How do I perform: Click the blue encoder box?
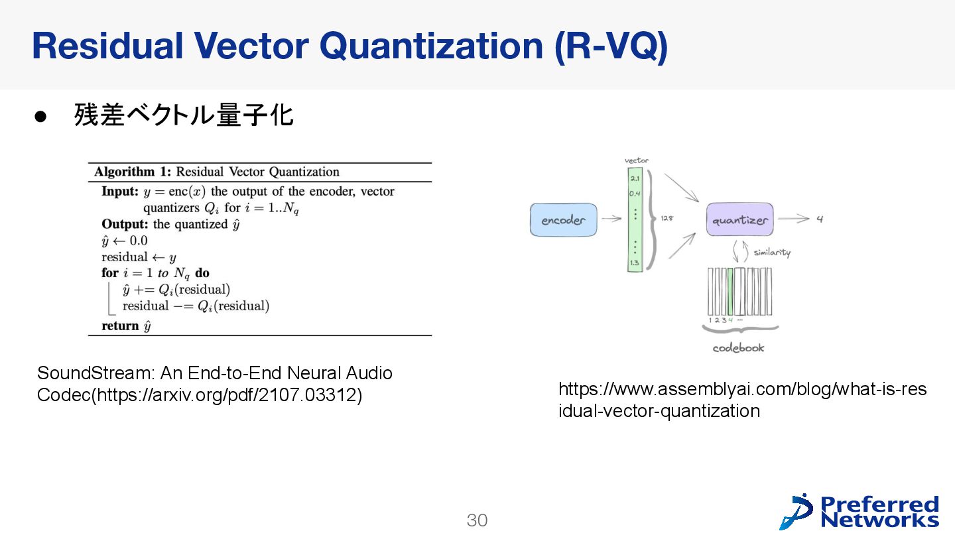pyautogui.click(x=563, y=220)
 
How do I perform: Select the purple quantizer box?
pyautogui.click(x=739, y=219)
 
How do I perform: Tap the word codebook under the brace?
pyautogui.click(x=738, y=348)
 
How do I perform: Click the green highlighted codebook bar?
pyautogui.click(x=730, y=292)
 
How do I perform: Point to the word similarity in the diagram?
pyautogui.click(x=771, y=253)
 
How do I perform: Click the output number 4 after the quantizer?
pyautogui.click(x=820, y=219)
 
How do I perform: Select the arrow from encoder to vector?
pyautogui.click(x=612, y=219)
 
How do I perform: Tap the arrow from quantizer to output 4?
pyautogui.click(x=793, y=219)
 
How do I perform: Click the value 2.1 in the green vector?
pyautogui.click(x=635, y=178)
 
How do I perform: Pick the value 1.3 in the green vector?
pyautogui.click(x=635, y=263)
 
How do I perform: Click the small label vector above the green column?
pyautogui.click(x=637, y=160)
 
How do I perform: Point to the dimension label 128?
pyautogui.click(x=667, y=219)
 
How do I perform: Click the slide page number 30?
pyautogui.click(x=477, y=520)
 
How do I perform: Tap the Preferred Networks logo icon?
pyautogui.click(x=796, y=512)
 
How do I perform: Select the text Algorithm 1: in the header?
pyautogui.click(x=133, y=172)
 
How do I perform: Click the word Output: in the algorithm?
pyautogui.click(x=125, y=224)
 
